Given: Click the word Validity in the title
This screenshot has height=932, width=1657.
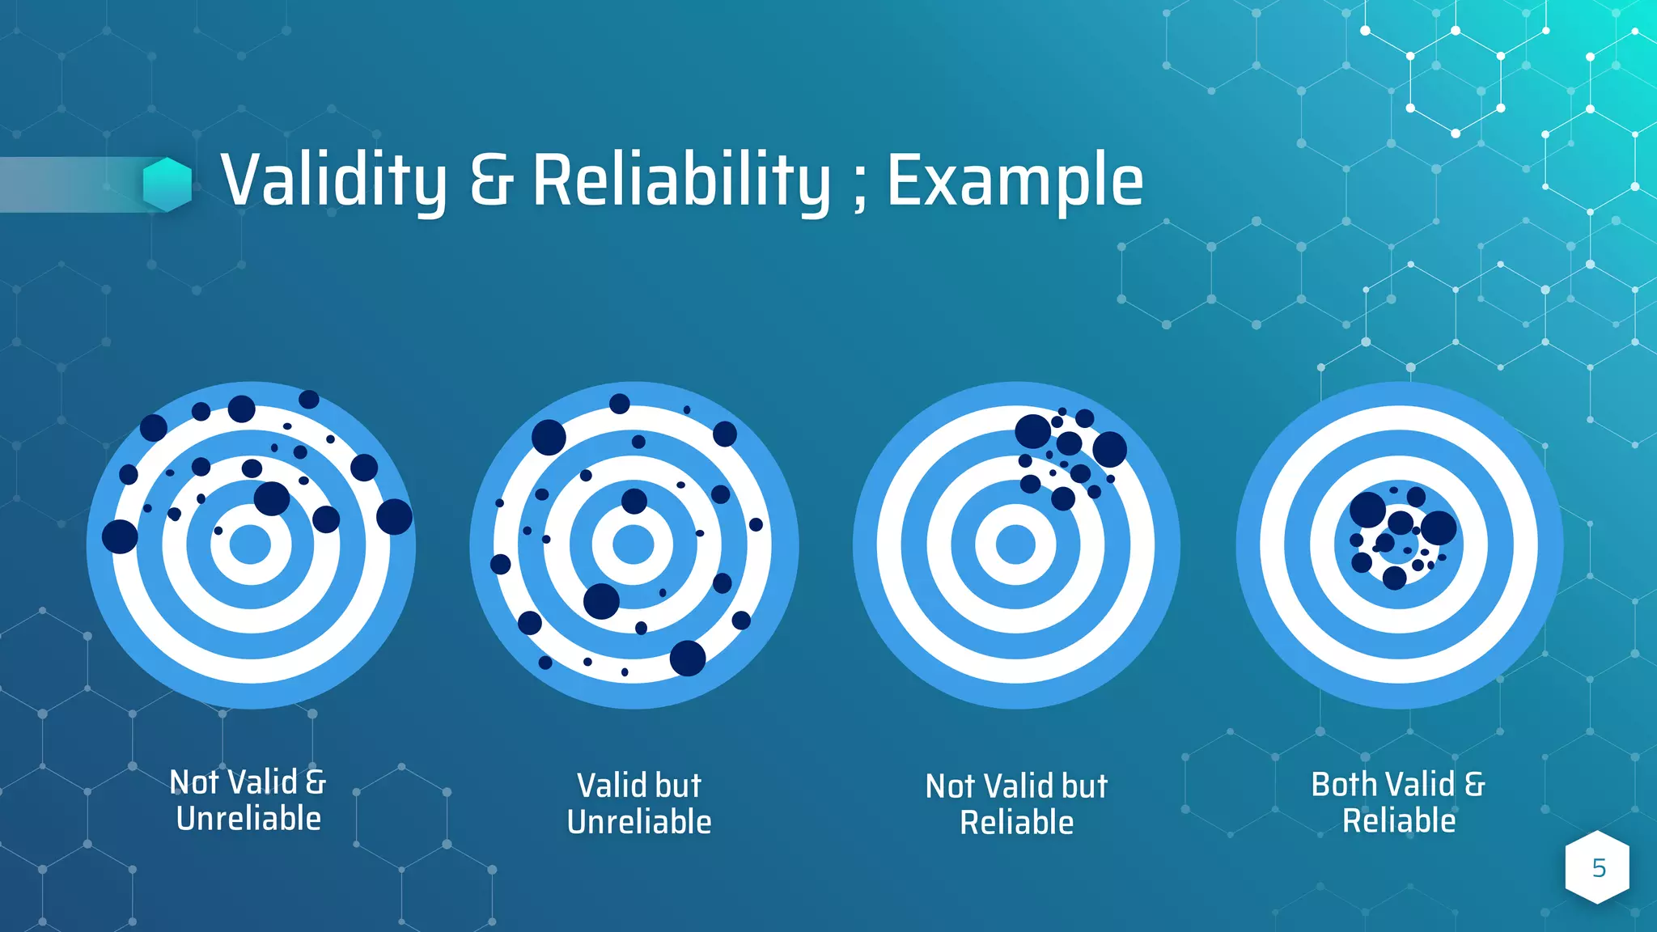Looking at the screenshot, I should [x=333, y=180].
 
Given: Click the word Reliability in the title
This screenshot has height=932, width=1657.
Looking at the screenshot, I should [x=681, y=180].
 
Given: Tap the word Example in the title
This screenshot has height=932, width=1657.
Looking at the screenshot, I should [x=1015, y=180].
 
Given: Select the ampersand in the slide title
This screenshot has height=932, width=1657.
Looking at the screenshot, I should [x=491, y=180].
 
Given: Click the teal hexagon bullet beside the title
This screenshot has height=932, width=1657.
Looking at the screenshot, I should [x=167, y=184].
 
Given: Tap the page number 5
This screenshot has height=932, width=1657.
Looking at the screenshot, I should [x=1599, y=868].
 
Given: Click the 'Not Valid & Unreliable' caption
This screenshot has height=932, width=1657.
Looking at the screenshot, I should [x=248, y=800].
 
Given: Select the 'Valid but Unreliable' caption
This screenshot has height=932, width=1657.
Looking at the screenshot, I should [x=639, y=803].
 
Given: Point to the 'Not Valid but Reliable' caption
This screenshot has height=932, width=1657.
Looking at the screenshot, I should [x=1016, y=804].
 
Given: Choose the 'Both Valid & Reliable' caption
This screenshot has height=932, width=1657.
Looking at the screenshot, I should [x=1399, y=802].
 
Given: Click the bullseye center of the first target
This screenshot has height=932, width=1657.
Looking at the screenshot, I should [x=250, y=544].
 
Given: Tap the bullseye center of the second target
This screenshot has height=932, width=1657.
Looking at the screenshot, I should [x=634, y=544].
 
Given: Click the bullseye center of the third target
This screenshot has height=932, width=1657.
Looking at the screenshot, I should [x=1015, y=544].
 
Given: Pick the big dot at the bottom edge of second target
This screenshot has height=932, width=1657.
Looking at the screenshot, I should [x=688, y=658].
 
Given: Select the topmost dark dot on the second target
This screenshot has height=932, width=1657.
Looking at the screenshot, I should [x=620, y=404].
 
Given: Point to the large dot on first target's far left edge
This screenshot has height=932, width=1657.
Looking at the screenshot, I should [x=120, y=536].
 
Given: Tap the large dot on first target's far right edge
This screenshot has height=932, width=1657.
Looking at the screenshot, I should [x=395, y=516].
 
